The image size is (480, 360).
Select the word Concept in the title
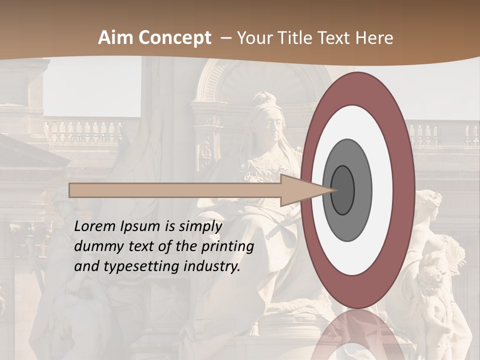(x=174, y=38)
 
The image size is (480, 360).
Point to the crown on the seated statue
(x=264, y=100)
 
